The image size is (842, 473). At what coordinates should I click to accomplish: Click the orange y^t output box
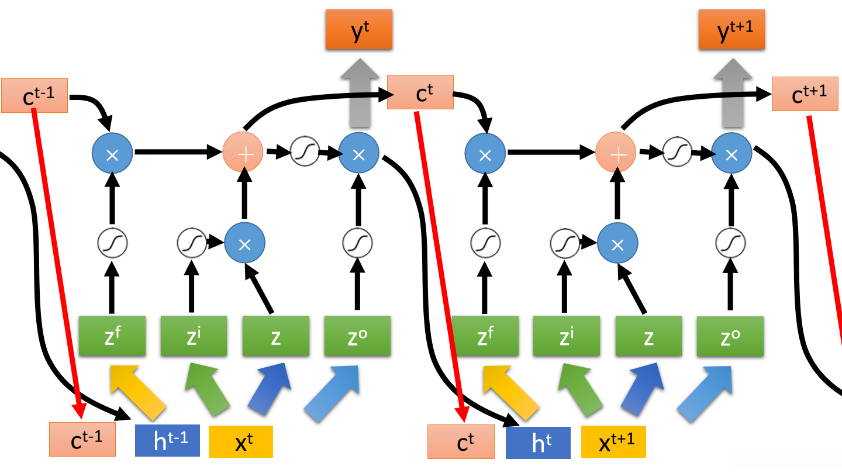(x=359, y=29)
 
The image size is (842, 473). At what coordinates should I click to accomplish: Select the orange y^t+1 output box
(x=732, y=29)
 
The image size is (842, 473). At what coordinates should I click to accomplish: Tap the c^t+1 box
(x=805, y=94)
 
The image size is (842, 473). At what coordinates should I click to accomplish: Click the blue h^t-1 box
(x=168, y=440)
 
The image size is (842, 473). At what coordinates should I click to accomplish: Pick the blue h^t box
(x=538, y=443)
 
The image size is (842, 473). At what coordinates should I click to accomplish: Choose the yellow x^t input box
(x=241, y=441)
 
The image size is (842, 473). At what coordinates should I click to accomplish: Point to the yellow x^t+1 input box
(x=613, y=441)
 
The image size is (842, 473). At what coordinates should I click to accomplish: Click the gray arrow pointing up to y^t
(x=360, y=93)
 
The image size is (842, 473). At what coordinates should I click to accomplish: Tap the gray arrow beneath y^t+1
(x=733, y=93)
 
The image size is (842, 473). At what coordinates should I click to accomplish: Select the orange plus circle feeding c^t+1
(x=616, y=152)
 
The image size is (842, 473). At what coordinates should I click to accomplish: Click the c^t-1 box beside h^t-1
(x=82, y=439)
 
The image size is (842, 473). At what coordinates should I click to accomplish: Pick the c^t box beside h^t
(x=461, y=442)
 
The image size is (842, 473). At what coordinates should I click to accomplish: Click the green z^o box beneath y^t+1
(x=730, y=336)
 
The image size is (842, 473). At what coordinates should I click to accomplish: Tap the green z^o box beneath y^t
(x=357, y=336)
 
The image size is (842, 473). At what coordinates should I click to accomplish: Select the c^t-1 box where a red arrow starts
(x=34, y=95)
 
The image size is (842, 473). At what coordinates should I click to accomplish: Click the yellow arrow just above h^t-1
(x=137, y=392)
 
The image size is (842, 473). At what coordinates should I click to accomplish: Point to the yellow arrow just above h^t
(x=510, y=392)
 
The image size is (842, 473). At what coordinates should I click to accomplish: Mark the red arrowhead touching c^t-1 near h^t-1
(x=79, y=410)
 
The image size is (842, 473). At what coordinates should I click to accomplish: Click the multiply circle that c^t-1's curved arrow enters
(x=112, y=153)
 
